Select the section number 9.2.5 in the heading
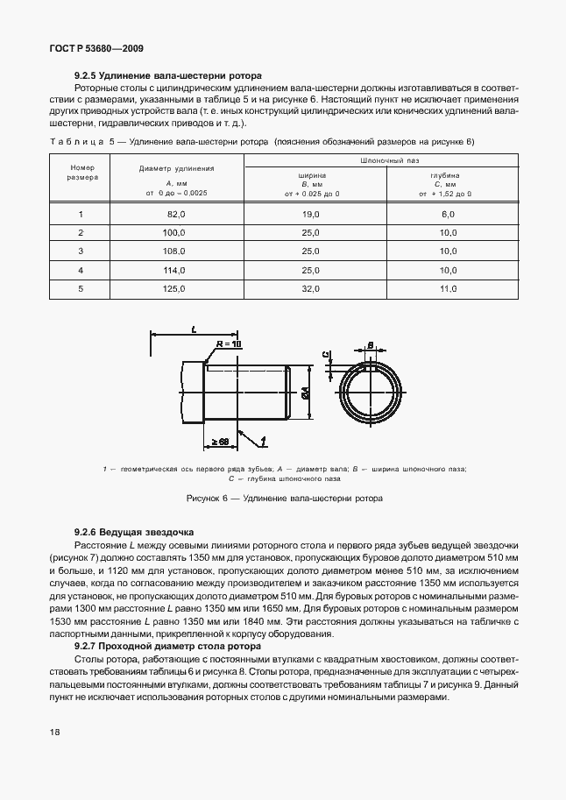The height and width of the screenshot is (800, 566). [87, 76]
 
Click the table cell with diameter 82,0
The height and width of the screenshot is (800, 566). [177, 214]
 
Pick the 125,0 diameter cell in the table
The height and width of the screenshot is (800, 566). [177, 287]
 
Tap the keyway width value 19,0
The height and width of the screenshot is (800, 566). [311, 214]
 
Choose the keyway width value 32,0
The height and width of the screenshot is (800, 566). [311, 287]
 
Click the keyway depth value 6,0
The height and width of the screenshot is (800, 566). [449, 214]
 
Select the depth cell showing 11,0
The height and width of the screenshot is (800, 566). [449, 287]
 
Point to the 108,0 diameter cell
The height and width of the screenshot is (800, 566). [177, 251]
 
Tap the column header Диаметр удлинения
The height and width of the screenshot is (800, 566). [177, 168]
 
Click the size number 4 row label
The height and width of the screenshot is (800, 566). [81, 269]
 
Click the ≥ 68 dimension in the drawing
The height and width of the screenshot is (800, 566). [219, 442]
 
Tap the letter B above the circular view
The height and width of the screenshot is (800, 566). [371, 345]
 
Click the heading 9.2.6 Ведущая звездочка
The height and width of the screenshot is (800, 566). [134, 533]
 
